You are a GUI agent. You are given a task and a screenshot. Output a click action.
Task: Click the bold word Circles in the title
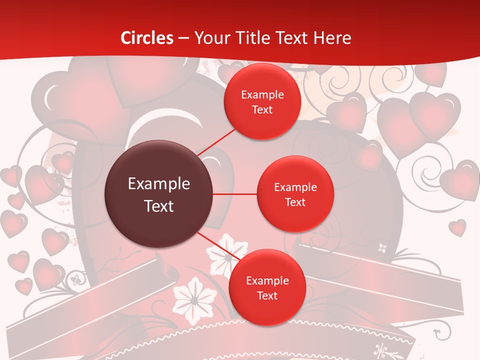pos(147,38)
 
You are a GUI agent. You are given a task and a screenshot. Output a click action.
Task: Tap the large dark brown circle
pos(159,194)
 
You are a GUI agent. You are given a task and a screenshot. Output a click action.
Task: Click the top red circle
pos(262,101)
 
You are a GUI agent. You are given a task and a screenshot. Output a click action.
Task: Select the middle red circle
pos(295,194)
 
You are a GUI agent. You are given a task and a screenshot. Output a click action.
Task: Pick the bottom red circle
pos(267,287)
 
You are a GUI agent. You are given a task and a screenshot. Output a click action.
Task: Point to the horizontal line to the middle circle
pos(235,194)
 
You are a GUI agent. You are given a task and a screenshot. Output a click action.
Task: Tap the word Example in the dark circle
pos(159,184)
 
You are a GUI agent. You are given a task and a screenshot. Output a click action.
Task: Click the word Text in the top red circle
pos(262,109)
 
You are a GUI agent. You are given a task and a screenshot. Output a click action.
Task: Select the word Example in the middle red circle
pos(295,187)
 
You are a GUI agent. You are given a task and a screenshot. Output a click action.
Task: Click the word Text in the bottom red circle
pos(267,295)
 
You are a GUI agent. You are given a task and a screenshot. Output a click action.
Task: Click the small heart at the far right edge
pos(457,227)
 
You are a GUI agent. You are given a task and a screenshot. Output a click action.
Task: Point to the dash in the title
pos(183,38)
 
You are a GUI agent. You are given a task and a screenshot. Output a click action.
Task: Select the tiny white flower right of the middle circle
pos(382,247)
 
